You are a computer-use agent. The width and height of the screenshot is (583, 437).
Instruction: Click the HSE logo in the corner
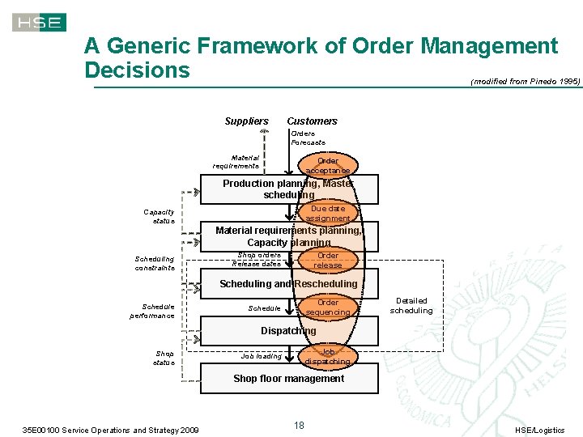pyautogui.click(x=39, y=23)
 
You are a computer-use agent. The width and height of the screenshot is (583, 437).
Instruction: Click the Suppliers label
pyautogui.click(x=246, y=121)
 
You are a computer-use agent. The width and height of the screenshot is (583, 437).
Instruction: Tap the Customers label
pyautogui.click(x=312, y=121)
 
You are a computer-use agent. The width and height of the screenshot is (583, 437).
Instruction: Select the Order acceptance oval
pyautogui.click(x=328, y=165)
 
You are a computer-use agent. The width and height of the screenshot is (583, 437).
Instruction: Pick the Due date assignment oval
pyautogui.click(x=328, y=214)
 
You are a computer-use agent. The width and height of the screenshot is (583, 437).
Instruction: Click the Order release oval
pyautogui.click(x=328, y=260)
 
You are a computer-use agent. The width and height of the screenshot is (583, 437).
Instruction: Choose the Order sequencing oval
pyautogui.click(x=328, y=308)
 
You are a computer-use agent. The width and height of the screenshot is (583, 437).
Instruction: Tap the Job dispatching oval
pyautogui.click(x=328, y=357)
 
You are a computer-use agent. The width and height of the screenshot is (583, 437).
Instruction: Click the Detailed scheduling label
pyautogui.click(x=411, y=306)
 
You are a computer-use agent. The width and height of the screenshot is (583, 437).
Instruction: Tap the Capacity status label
pyautogui.click(x=159, y=217)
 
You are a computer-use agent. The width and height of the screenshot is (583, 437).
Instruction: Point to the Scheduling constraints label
pyautogui.click(x=155, y=263)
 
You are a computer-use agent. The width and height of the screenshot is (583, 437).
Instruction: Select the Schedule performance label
pyautogui.click(x=152, y=311)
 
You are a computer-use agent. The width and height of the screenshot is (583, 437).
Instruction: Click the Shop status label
pyautogui.click(x=164, y=358)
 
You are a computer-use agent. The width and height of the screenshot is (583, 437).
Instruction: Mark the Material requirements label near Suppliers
pyautogui.click(x=236, y=162)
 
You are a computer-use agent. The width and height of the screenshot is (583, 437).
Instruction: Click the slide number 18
pyautogui.click(x=299, y=426)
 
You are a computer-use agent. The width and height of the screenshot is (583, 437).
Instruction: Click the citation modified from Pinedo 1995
pyautogui.click(x=526, y=81)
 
